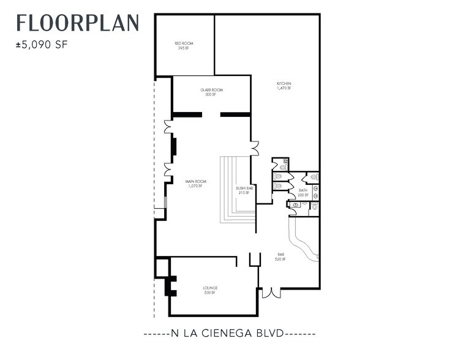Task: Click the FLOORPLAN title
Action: click(78, 23)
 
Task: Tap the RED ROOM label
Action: click(184, 45)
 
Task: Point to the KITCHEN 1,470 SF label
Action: click(284, 86)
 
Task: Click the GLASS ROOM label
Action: click(211, 92)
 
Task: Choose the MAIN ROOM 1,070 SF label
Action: click(196, 183)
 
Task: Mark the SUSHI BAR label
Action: click(244, 190)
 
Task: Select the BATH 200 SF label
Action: click(303, 192)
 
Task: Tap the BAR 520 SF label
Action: click(280, 257)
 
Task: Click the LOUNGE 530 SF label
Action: click(210, 290)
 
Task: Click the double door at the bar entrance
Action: click(271, 293)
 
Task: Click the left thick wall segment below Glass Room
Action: click(187, 114)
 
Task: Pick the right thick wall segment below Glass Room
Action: click(235, 114)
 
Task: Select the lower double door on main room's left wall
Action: click(168, 170)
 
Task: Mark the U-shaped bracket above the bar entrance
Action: click(255, 260)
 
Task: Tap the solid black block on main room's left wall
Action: click(173, 147)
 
